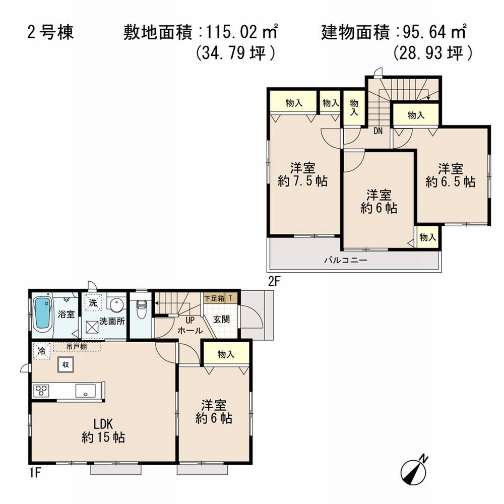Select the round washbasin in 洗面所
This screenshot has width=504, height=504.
point(117,305)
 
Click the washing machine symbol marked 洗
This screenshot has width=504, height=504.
point(93,303)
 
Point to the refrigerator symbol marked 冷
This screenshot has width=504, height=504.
point(42,351)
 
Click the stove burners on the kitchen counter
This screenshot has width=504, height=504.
point(41,391)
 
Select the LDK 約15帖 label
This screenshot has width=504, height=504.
point(103,430)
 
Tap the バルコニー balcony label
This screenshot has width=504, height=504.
point(345,261)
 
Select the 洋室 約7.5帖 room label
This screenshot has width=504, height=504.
point(302,174)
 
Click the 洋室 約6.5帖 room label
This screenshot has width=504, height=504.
point(450,174)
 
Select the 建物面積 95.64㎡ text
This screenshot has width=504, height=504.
point(393,33)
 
